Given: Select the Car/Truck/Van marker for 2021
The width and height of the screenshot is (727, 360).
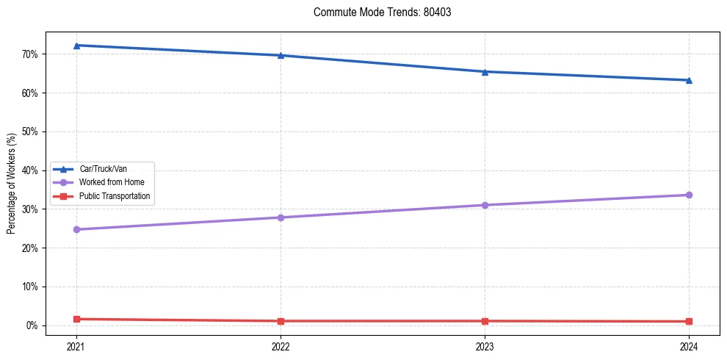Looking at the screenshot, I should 76,46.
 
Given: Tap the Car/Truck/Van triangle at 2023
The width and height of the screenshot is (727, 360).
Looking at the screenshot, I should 485,71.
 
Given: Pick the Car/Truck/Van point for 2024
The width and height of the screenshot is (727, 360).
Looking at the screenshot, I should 689,80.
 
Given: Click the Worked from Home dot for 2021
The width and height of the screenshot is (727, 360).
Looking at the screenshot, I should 76,229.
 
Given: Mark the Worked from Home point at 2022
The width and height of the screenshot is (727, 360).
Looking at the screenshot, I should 281,217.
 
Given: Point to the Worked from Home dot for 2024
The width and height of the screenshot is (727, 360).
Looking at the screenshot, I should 689,195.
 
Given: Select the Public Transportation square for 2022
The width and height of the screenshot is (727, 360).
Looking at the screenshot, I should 281,321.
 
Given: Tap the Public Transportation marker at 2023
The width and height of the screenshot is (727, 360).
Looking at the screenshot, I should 485,321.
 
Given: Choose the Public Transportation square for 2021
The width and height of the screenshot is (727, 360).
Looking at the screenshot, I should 76,319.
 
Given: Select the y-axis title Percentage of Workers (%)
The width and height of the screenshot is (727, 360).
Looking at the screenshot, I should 11,184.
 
